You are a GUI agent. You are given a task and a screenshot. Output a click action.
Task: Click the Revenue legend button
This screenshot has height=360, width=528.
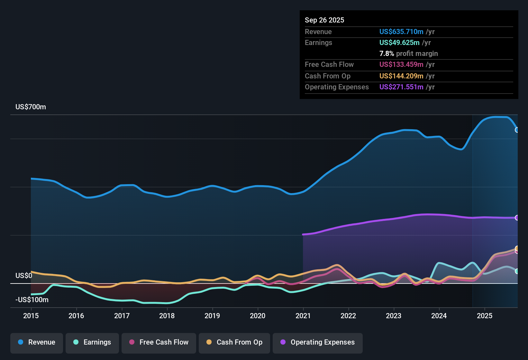37,342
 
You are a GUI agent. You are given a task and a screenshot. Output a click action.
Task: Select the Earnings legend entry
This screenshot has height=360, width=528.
92,342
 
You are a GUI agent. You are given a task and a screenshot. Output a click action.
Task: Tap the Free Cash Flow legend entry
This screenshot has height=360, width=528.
159,342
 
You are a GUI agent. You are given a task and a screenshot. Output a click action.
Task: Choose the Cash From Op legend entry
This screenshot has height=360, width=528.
234,342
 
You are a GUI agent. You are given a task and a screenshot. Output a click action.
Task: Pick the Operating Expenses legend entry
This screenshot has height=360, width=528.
318,342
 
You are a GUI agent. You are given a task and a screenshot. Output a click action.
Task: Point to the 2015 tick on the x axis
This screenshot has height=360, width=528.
31,316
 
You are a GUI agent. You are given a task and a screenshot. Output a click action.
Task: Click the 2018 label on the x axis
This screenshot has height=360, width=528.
167,316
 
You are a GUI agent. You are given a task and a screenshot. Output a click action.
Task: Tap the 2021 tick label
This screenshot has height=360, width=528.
303,316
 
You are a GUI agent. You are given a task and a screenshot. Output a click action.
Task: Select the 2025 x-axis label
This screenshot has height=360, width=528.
485,316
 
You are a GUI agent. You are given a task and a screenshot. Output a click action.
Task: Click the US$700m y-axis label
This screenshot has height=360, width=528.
31,107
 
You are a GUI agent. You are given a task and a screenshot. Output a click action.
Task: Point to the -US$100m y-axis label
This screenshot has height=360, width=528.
32,300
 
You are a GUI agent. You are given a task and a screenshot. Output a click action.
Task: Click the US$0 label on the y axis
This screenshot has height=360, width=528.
24,276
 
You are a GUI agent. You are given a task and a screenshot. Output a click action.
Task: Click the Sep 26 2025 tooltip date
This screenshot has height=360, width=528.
324,20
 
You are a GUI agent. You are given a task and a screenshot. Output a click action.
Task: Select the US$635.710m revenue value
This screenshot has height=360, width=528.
401,32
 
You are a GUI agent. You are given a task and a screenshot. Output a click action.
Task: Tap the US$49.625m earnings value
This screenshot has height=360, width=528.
399,43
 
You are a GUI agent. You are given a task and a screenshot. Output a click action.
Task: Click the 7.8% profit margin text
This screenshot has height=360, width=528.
408,54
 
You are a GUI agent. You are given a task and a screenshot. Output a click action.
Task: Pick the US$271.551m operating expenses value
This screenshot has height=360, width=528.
401,87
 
